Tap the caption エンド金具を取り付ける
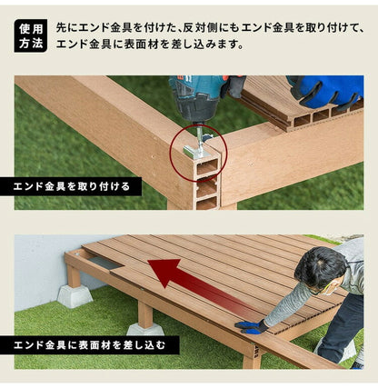pyautogui.click(x=77, y=187)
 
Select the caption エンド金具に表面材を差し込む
pyautogui.click(x=84, y=345)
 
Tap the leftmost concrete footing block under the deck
pyautogui.click(x=75, y=295)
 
